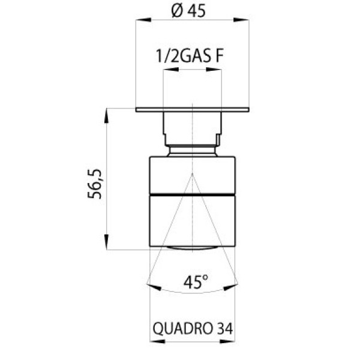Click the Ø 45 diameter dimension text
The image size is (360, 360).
(x=188, y=11)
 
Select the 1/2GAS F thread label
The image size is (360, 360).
(x=190, y=56)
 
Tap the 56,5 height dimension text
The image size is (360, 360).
(x=94, y=184)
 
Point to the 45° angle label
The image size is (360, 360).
(x=196, y=281)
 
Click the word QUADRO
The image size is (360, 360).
(x=182, y=329)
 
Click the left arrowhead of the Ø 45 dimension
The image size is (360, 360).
(x=143, y=20)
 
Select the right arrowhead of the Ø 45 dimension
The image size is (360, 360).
(x=241, y=20)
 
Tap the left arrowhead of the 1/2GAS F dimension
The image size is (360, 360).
(x=170, y=69)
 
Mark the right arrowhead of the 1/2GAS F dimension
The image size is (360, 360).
(x=214, y=69)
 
